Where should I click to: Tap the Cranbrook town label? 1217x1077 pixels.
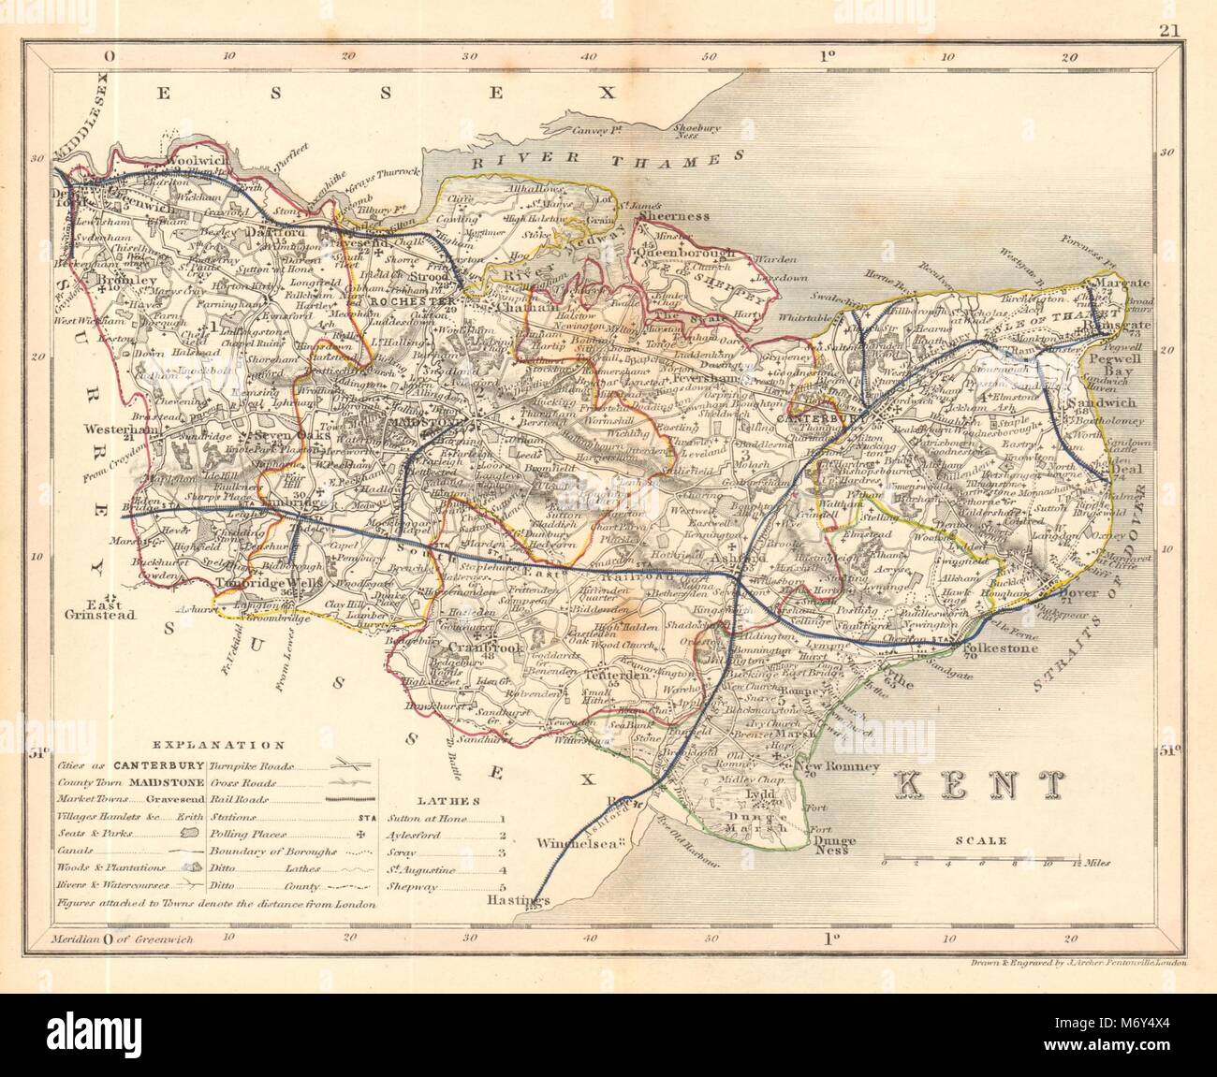474,648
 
